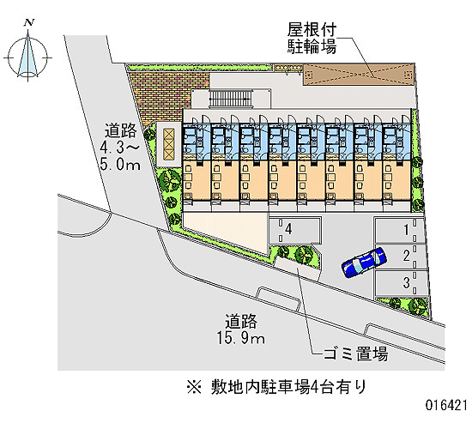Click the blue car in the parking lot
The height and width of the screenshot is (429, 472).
(364, 263)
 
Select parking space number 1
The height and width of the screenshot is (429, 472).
(401, 230)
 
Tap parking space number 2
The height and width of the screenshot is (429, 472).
(402, 256)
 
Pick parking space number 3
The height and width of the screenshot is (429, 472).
(402, 283)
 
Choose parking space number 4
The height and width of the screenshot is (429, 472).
(295, 230)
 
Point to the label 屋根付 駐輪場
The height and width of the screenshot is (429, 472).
(312, 39)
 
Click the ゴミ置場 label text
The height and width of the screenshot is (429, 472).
(355, 353)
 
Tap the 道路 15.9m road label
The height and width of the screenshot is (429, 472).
(241, 329)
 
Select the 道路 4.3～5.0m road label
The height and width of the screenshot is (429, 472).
(120, 148)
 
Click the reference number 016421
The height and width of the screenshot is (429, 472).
(446, 405)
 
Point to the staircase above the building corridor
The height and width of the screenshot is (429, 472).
(231, 99)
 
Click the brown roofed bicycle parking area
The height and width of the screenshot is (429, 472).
(359, 75)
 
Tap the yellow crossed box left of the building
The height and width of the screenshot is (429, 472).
(169, 144)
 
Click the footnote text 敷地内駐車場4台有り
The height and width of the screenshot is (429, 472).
(288, 387)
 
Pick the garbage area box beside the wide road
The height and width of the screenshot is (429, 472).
(297, 269)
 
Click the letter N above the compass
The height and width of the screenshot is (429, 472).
(29, 22)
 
